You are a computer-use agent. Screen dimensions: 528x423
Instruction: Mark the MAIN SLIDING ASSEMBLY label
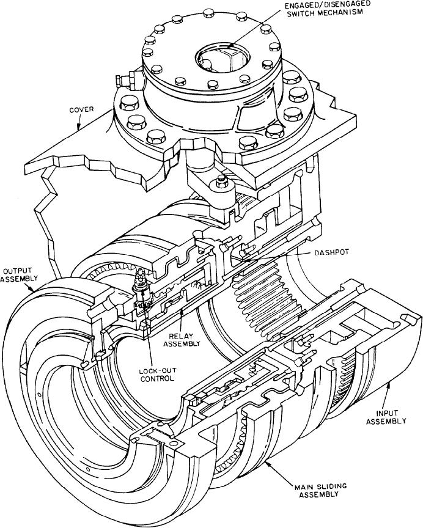[x=317, y=491]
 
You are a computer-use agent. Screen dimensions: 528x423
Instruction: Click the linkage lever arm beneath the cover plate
[x=202, y=183]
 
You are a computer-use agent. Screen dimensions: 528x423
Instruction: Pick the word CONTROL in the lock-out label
[x=156, y=378]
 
